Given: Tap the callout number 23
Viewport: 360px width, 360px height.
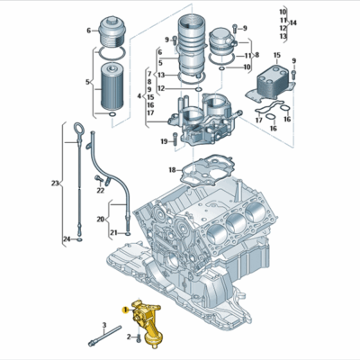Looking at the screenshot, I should (55, 184).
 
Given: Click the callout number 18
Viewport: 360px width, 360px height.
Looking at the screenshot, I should (172, 170).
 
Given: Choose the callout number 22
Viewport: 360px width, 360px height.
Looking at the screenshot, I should (100, 190).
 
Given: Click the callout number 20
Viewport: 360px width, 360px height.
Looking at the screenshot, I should (100, 219).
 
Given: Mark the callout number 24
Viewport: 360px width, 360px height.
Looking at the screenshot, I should (66, 238).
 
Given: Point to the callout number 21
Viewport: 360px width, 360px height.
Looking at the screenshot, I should (114, 232).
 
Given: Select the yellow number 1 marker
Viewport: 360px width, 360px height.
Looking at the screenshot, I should (125, 309).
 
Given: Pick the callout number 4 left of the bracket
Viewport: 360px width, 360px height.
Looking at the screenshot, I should (139, 95).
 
